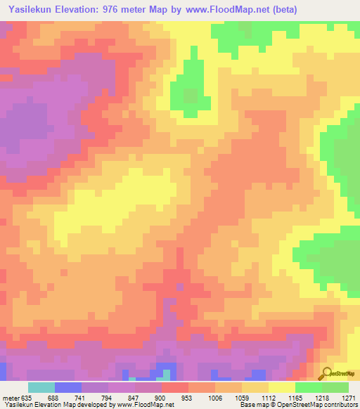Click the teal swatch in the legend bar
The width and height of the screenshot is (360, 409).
tap(41, 387)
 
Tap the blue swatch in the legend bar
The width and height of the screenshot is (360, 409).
tap(68, 387)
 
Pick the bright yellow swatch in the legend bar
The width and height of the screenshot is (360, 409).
tap(282, 387)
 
